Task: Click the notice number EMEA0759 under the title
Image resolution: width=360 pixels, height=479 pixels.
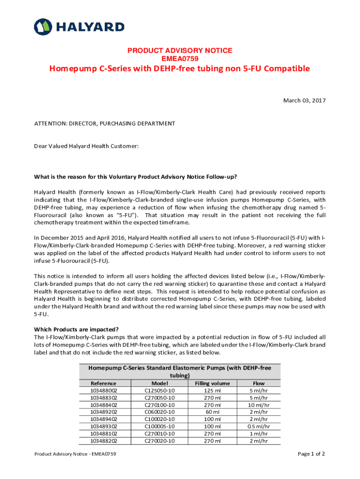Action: click(180, 58)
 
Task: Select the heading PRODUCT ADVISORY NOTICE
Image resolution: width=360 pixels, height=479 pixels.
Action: click(180, 51)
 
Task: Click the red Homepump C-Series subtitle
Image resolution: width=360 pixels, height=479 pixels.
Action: click(180, 69)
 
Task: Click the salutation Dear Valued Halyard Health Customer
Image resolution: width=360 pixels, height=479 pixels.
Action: click(86, 146)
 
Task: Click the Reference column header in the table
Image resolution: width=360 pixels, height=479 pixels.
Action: click(104, 384)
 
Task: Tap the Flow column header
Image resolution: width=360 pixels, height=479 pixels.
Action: click(259, 384)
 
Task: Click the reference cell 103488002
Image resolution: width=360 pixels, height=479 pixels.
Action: click(104, 391)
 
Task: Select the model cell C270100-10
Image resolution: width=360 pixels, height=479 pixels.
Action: click(159, 405)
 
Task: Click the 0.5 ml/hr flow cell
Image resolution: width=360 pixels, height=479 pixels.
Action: click(259, 427)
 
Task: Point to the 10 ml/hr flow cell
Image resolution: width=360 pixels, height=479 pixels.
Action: click(259, 405)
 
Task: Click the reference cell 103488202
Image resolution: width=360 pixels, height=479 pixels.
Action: click(104, 441)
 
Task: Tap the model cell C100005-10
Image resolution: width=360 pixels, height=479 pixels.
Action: click(159, 427)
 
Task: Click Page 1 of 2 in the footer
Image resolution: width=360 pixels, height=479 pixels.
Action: click(311, 454)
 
